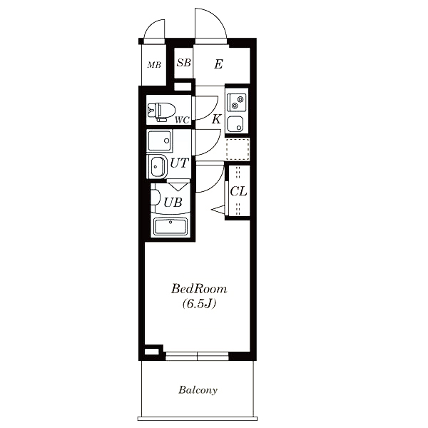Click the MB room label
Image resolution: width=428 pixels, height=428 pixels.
154,65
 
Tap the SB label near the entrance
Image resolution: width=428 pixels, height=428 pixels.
184,63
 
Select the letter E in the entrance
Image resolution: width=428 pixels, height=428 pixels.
218,64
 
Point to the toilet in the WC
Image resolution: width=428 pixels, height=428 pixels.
161,112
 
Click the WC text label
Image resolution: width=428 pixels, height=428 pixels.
183,120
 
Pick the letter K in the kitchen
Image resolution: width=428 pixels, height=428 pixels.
216,119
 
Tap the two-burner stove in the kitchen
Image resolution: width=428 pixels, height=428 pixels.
237,102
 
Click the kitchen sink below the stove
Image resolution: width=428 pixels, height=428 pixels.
235,124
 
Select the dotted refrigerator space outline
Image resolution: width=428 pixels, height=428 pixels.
238,149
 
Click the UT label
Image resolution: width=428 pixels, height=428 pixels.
180,163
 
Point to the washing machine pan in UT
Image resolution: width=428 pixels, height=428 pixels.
159,141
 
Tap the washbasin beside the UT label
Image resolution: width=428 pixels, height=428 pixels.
157,167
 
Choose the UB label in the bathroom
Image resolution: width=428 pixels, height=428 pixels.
173,203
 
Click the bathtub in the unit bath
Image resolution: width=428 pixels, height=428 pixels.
170,227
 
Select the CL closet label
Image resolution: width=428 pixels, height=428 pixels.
238,191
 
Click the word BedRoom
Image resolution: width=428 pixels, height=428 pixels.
199,289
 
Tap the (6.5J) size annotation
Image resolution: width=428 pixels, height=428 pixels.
199,304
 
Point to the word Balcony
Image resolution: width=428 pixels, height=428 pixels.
198,390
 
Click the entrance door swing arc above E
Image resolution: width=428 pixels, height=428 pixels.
215,19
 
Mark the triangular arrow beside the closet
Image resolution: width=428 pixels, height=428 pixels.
218,210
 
